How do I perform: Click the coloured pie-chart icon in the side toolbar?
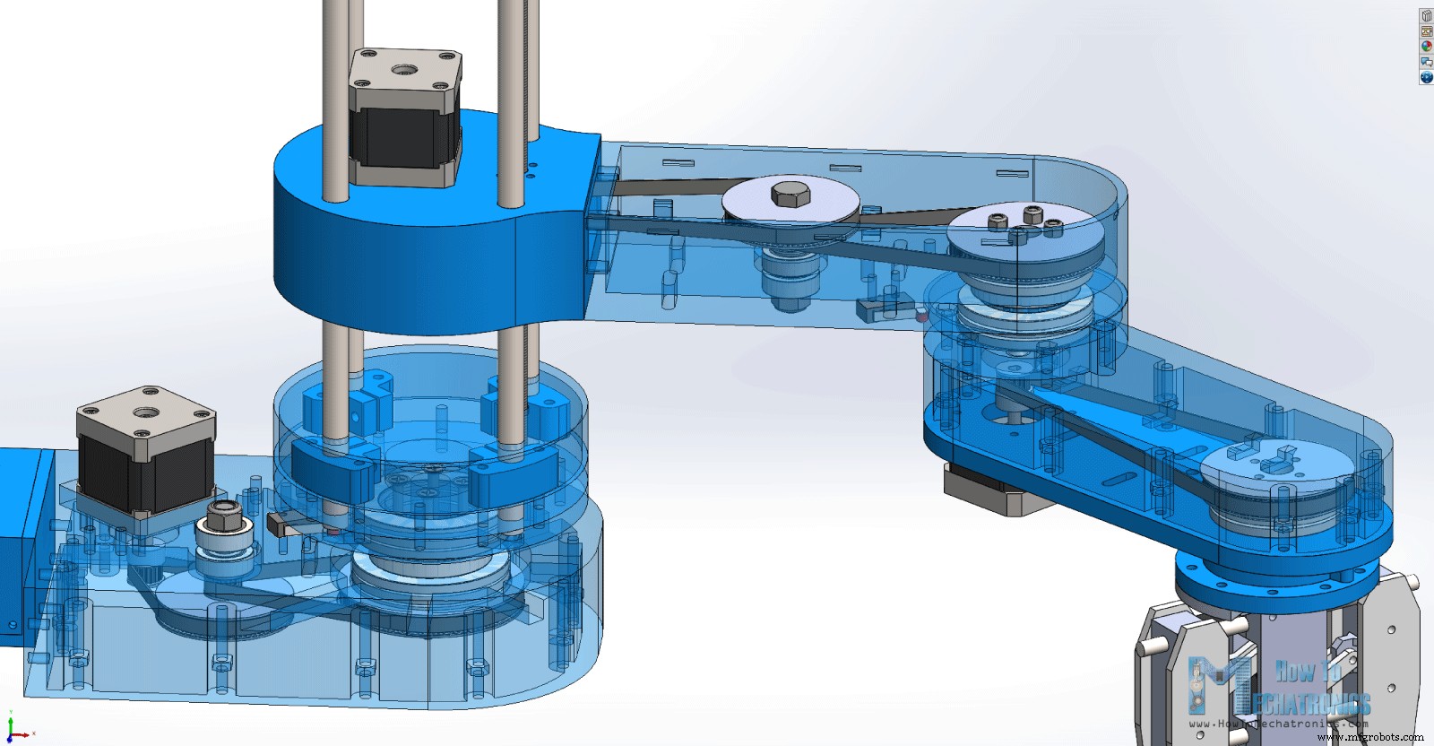[x=1426, y=46]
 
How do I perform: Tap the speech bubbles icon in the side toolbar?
[x=1426, y=61]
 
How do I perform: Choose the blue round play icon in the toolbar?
[x=1426, y=77]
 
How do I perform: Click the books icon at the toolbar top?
[x=1426, y=15]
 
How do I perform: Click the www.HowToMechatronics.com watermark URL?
[x=1278, y=724]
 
